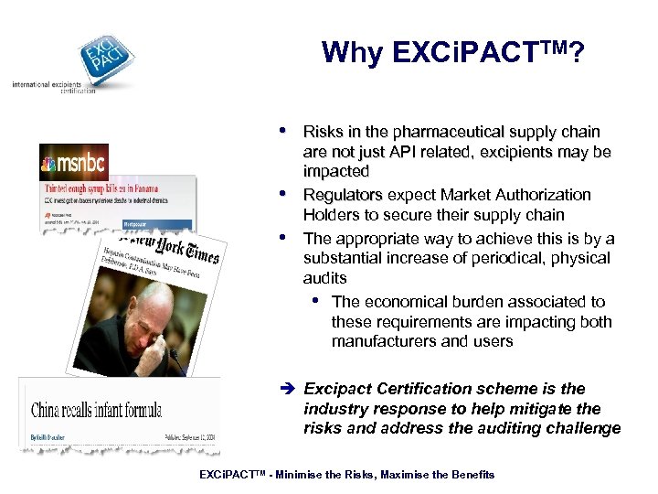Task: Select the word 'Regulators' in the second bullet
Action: (x=343, y=195)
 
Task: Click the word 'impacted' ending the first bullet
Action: (x=336, y=172)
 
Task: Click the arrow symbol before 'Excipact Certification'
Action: (x=290, y=389)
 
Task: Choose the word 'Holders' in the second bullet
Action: (x=333, y=217)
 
